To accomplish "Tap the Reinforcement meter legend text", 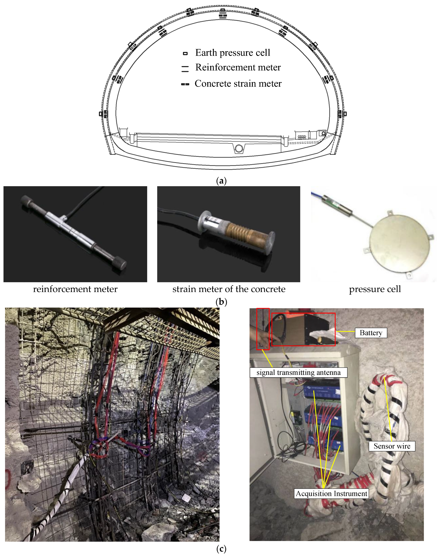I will [x=238, y=67].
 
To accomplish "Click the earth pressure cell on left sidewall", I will [x=101, y=114].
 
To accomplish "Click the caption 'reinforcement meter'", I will [x=75, y=289].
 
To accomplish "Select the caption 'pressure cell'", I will [x=375, y=289].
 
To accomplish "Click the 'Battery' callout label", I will [x=371, y=333].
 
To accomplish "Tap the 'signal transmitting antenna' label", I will [x=298, y=372].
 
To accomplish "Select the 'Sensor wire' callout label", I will [x=392, y=446].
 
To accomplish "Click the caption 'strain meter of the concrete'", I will [x=229, y=289].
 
